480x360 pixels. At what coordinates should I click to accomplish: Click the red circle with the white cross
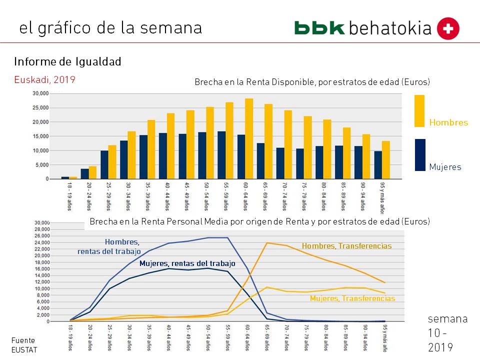point(448,28)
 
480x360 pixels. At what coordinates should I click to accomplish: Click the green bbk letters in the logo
point(319,28)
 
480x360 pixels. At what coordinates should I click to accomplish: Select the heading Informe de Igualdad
point(67,62)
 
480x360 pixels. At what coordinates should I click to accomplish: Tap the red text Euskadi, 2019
point(44,79)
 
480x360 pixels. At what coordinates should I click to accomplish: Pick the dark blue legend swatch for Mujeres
point(420,154)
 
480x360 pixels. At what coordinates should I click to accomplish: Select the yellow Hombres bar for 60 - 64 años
point(249,139)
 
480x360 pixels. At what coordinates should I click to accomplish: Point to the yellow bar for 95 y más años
point(385,160)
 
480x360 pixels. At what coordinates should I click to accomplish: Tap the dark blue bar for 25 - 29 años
point(104,164)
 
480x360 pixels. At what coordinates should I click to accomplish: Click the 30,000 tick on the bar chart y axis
point(40,93)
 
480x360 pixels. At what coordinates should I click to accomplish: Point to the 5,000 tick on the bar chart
point(42,165)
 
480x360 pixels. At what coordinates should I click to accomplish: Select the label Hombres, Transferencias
point(346,246)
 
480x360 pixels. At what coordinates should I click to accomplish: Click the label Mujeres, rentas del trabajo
point(187,263)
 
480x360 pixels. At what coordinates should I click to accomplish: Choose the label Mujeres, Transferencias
point(352,298)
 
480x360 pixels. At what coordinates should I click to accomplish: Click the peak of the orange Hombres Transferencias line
point(267,243)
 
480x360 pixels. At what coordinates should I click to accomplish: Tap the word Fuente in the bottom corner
point(23,340)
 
